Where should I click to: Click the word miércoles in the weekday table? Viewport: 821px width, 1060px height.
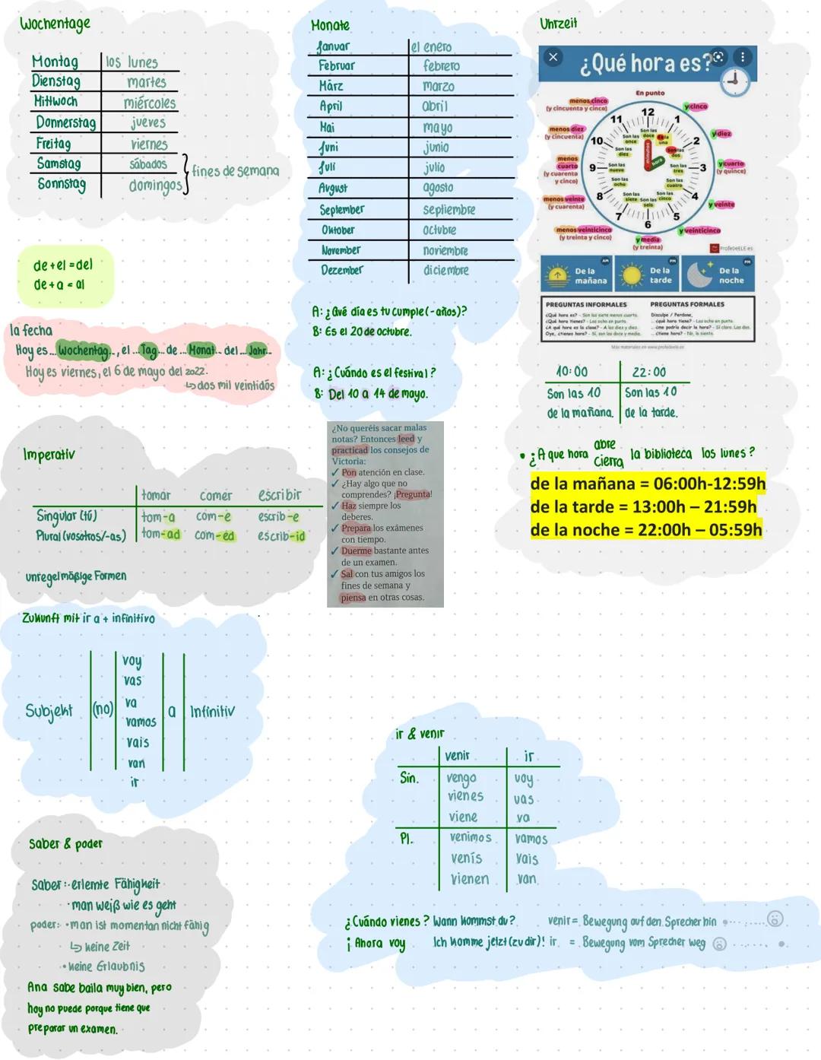(x=150, y=103)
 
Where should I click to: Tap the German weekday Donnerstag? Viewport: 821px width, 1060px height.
(x=66, y=122)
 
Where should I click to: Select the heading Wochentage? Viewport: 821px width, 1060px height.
(x=55, y=24)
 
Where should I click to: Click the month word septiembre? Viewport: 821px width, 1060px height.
(x=449, y=209)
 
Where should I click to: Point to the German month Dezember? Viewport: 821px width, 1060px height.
(x=341, y=270)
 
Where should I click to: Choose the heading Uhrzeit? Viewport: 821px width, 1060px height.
(x=558, y=24)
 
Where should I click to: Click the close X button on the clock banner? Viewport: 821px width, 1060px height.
(x=553, y=57)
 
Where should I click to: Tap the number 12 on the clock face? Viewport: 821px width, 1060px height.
(x=648, y=113)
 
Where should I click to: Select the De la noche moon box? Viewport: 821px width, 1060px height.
(x=718, y=275)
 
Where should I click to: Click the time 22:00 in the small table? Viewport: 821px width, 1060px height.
(x=648, y=372)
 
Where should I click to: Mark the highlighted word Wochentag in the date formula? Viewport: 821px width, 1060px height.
(x=84, y=351)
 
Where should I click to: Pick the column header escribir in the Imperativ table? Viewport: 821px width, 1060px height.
(x=280, y=495)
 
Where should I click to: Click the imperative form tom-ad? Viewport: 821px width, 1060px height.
(x=160, y=535)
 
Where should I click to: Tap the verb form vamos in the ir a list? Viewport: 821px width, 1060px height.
(x=141, y=722)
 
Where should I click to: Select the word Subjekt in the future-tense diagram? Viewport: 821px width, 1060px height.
(x=49, y=711)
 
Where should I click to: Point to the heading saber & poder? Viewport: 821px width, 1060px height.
(x=65, y=843)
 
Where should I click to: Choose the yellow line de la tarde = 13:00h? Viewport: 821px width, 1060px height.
(x=643, y=507)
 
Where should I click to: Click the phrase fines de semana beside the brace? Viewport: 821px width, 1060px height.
(x=236, y=171)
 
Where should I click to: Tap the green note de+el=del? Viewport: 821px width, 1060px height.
(x=63, y=265)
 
